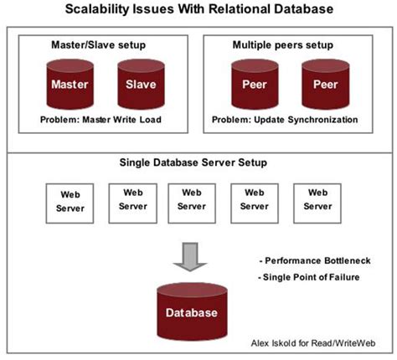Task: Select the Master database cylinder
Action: (x=70, y=85)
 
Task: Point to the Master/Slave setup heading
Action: (x=102, y=41)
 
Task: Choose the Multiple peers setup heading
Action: (x=295, y=41)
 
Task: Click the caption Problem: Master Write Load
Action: (x=102, y=120)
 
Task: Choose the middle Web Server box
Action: (x=192, y=199)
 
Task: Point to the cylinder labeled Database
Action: (x=192, y=311)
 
